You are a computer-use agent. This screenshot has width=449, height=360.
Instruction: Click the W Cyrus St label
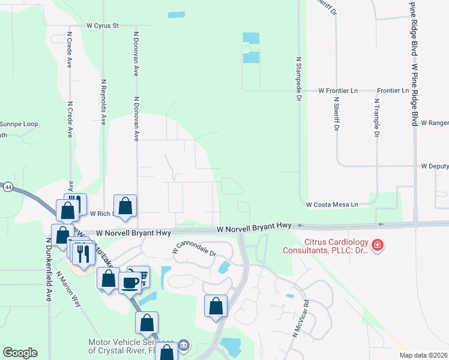(x=103, y=26)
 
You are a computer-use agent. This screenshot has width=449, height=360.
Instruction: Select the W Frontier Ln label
(x=338, y=90)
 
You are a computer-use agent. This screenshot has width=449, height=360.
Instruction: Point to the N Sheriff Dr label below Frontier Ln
(x=337, y=116)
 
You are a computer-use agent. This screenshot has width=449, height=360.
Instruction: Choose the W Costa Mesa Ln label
(x=332, y=205)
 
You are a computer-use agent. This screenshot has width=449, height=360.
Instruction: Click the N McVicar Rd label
(x=300, y=317)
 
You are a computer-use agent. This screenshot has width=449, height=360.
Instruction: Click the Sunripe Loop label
(x=19, y=124)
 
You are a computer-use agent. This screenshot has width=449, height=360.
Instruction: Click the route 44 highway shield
(x=7, y=187)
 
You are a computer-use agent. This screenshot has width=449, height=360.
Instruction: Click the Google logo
(x=20, y=353)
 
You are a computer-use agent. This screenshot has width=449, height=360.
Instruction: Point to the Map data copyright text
(x=423, y=355)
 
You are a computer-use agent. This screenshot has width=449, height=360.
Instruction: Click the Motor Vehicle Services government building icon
(x=184, y=345)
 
